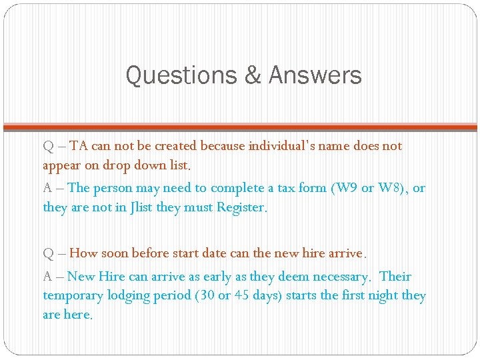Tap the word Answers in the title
(x=315, y=75)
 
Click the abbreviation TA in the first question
(x=78, y=145)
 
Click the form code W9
(x=345, y=188)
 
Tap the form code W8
(x=389, y=188)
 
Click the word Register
(x=241, y=207)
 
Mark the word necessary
(x=340, y=277)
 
